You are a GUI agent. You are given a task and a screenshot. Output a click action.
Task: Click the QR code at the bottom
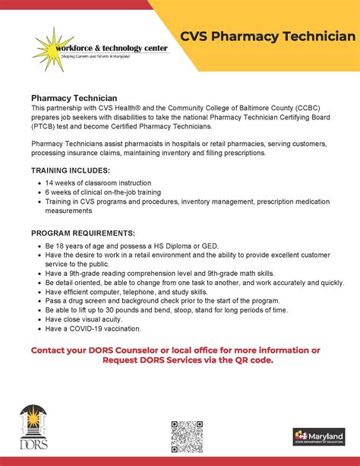186,436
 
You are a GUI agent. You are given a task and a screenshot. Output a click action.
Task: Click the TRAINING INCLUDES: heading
71,170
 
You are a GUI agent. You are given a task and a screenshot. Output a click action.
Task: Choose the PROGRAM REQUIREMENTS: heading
83,233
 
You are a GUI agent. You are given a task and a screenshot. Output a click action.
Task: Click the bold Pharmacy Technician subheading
74,98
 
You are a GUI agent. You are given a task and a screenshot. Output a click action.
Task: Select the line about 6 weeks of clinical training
97,192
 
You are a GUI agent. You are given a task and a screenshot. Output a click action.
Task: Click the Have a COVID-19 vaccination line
93,328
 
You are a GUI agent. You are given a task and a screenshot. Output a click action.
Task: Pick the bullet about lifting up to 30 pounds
155,310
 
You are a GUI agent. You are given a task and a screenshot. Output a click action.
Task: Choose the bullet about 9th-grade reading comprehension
155,274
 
